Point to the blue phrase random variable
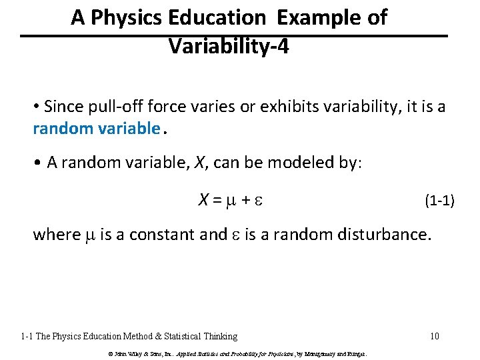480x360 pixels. tap(96, 128)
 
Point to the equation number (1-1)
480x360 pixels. tap(439, 200)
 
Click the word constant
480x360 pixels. tap(178, 235)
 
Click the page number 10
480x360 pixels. tap(434, 336)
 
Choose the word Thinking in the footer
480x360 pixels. tap(216, 336)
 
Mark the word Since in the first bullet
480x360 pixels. tap(63, 107)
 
